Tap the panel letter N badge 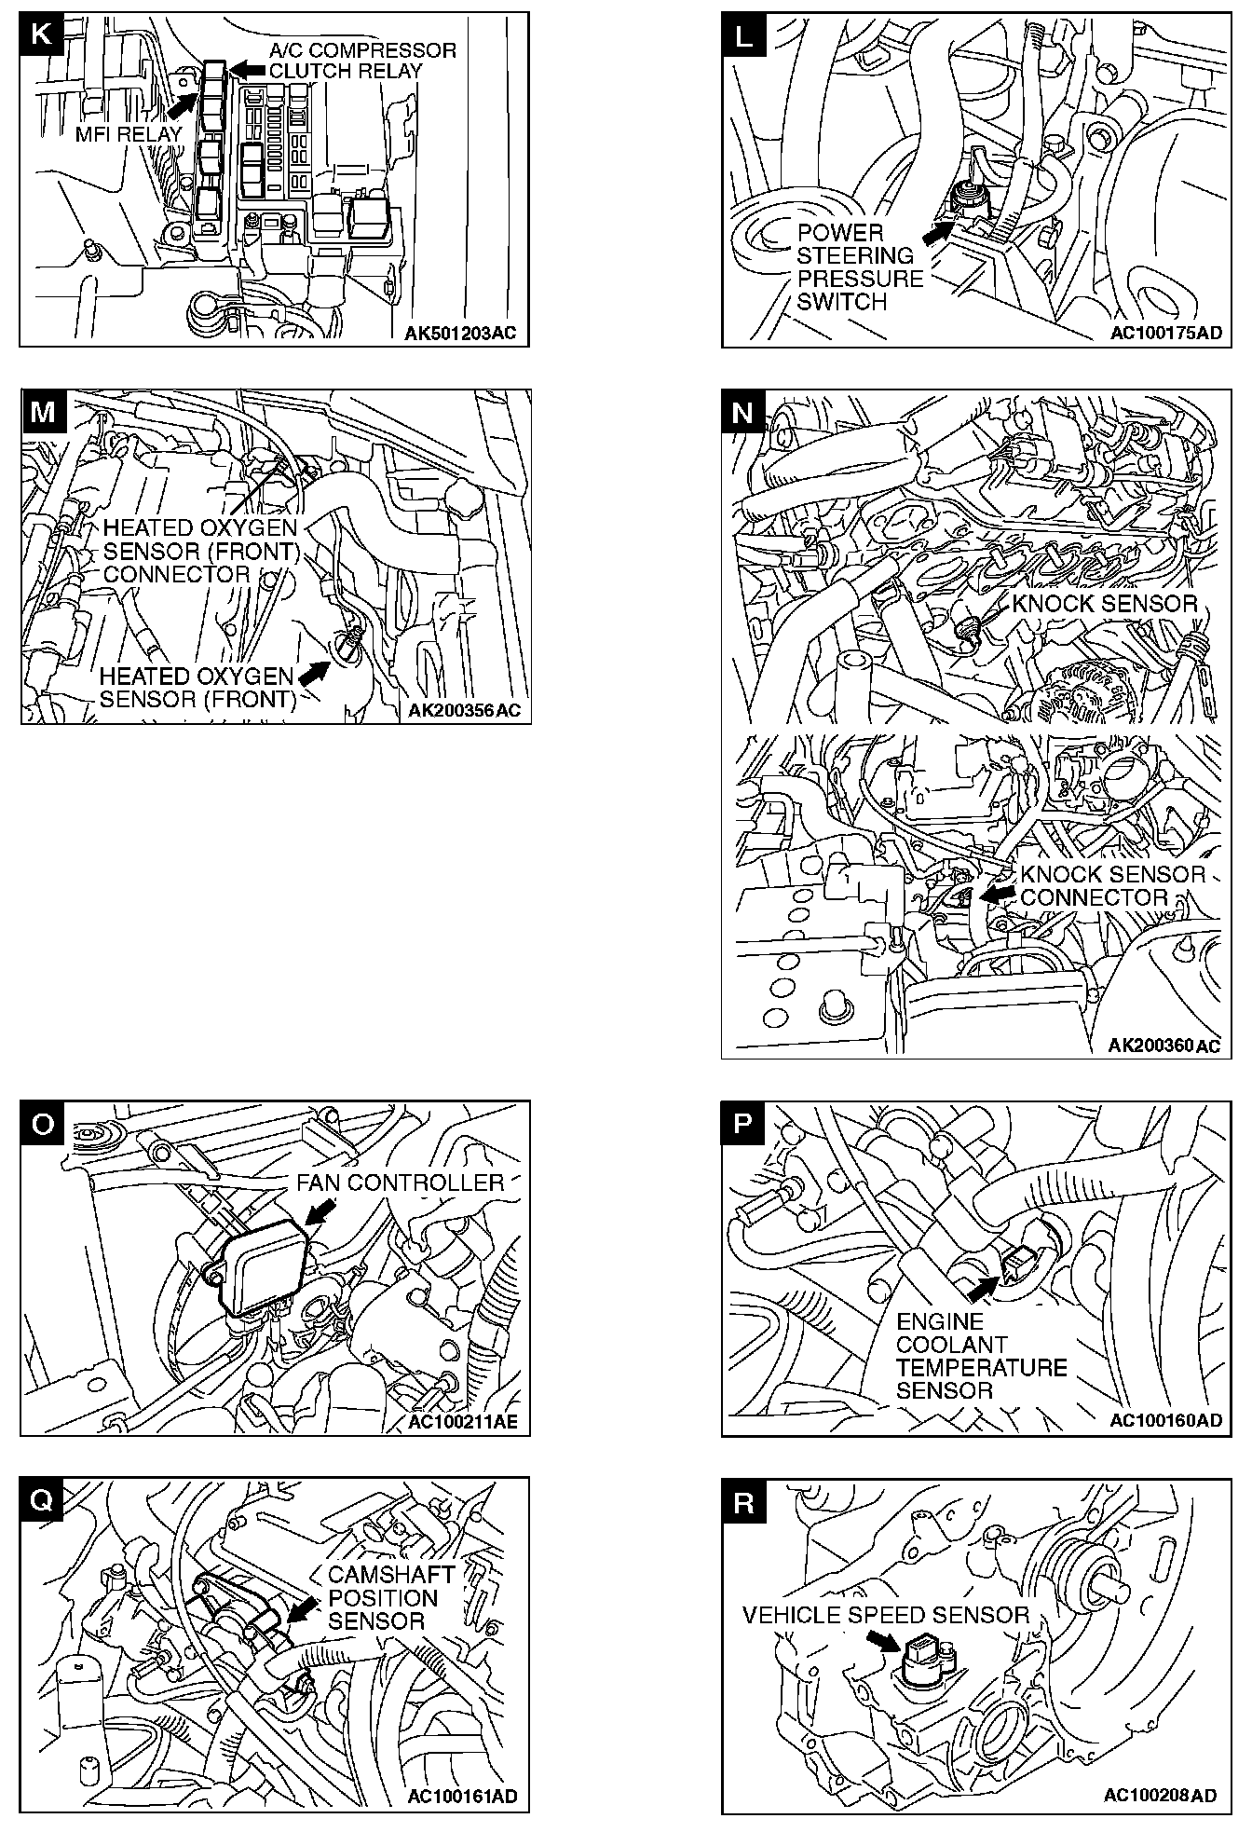tap(743, 412)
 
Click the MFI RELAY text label tap(129, 134)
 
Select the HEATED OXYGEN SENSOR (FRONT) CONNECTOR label tap(200, 551)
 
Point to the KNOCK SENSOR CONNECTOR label tap(1112, 885)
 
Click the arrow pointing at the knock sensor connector tap(1000, 894)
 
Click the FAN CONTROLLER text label tap(400, 1182)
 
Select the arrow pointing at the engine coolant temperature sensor tap(981, 1289)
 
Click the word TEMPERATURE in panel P tap(981, 1368)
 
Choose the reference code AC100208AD tap(1160, 1795)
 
